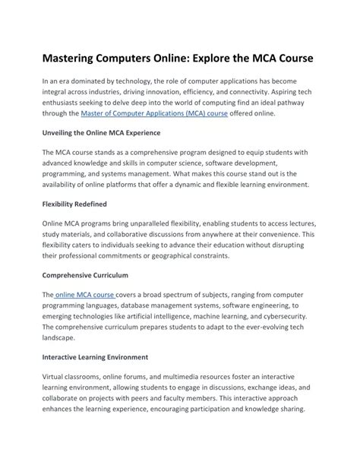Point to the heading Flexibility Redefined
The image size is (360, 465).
(x=74, y=204)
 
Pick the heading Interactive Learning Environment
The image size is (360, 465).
(x=95, y=356)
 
